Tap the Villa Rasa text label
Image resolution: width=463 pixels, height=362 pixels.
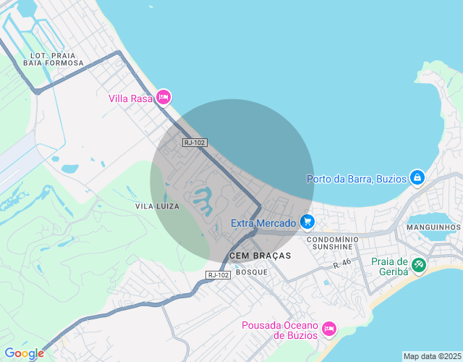pos(130,98)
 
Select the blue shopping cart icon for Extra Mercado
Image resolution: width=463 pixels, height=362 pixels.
pos(307,222)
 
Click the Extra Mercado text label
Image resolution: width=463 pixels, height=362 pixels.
pos(263,223)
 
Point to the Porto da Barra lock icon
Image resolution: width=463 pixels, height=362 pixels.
pos(417,177)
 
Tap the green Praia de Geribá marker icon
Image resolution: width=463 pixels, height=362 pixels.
pos(419,265)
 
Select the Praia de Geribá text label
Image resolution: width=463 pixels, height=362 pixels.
pos(390,267)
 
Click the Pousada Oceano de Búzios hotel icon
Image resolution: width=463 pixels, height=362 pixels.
pos(328,329)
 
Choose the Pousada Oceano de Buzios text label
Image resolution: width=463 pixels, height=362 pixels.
pos(279,330)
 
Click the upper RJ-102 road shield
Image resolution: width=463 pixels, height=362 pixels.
pos(195,143)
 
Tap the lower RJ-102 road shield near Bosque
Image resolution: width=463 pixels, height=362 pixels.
pos(218,274)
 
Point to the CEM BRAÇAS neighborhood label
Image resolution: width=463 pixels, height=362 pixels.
pos(260,256)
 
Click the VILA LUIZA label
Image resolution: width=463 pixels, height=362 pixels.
pos(157,206)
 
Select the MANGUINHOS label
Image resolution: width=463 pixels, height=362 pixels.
pos(433,227)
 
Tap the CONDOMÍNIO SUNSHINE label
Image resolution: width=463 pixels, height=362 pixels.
pos(333,243)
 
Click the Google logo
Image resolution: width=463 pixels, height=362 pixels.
pos(24,353)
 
